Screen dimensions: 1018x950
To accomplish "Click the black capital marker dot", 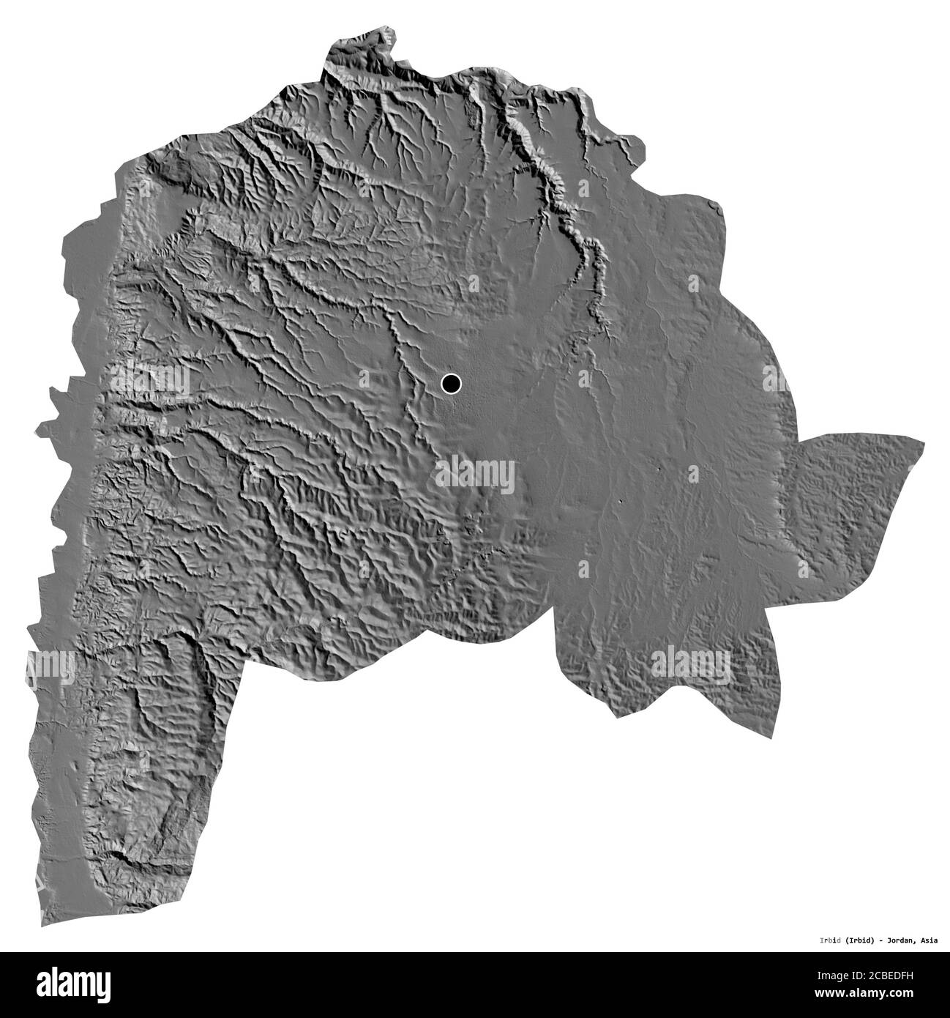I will (451, 383).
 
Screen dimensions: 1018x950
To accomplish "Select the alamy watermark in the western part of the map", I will (150, 379).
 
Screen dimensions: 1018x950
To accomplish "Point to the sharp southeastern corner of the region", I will (770, 738).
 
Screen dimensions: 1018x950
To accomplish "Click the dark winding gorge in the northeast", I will (578, 227).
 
